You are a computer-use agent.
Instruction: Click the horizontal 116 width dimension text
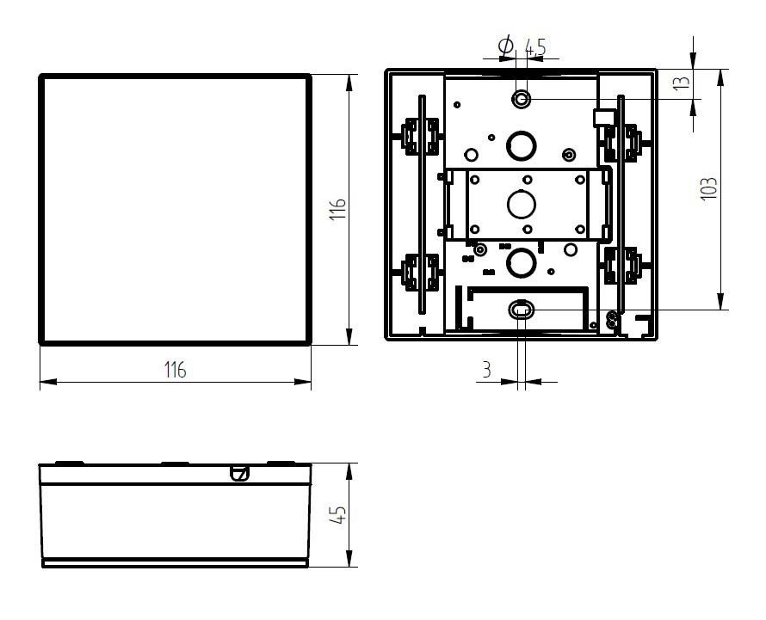point(175,370)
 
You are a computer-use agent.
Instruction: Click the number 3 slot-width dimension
point(486,370)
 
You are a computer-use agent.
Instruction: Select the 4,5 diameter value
point(535,48)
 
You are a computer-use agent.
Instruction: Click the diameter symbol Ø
point(506,46)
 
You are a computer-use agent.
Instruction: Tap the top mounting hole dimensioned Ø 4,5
point(521,100)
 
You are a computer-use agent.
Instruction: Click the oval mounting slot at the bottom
point(521,310)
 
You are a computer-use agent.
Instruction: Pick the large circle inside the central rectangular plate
point(521,204)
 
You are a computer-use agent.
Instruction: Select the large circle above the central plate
point(521,146)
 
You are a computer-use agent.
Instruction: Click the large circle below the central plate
point(521,261)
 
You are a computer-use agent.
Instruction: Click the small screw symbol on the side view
point(240,472)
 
